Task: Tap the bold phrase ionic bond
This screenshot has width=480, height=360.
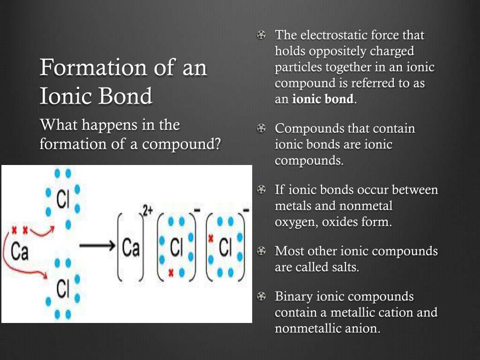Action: (322, 99)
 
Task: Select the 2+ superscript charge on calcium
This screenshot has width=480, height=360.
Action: (148, 210)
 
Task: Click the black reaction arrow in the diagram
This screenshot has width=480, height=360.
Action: (97, 246)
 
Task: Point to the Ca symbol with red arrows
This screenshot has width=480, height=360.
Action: (20, 252)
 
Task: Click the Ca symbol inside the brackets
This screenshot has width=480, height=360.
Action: (131, 247)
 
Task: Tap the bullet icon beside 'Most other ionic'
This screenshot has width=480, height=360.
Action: (261, 251)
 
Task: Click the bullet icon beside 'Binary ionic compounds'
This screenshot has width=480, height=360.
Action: (261, 296)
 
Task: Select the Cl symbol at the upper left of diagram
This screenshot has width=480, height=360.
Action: (63, 200)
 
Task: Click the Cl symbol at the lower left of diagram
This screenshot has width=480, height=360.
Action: (63, 288)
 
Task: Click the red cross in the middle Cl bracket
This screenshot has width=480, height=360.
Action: (171, 272)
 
